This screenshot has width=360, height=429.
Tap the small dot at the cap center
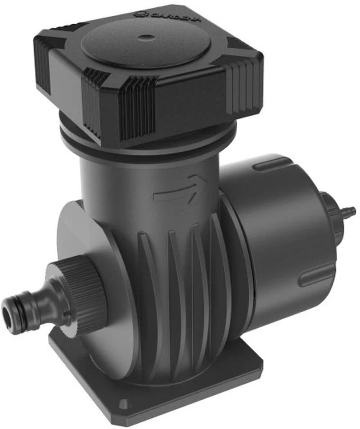(x=144, y=36)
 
